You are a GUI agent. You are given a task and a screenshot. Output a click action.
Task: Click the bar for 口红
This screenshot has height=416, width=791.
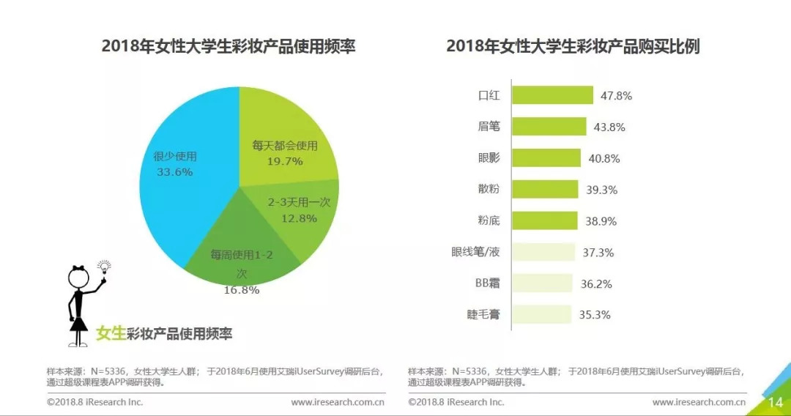(552, 95)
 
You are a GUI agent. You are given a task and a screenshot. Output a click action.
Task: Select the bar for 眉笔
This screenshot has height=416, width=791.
(549, 127)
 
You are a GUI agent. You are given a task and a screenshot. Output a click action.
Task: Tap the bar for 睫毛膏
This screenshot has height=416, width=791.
(541, 315)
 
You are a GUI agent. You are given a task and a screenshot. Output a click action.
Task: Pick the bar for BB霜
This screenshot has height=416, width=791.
(542, 283)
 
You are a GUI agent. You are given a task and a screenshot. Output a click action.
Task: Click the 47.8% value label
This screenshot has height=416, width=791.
(617, 96)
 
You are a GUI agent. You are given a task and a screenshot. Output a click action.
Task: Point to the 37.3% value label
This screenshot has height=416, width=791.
(598, 253)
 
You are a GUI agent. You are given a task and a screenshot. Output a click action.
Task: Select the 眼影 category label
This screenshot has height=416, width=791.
(489, 157)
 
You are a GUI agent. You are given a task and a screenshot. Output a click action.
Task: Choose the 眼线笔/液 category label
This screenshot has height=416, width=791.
(476, 252)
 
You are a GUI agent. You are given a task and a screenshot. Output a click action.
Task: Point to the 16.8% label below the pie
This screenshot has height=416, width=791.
(242, 290)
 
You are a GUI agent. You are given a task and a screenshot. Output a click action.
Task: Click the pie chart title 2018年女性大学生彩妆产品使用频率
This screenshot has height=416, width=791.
(229, 47)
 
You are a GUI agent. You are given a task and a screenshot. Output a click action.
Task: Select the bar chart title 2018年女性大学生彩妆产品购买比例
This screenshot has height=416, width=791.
(573, 47)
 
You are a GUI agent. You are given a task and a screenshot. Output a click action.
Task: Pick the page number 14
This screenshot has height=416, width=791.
(775, 403)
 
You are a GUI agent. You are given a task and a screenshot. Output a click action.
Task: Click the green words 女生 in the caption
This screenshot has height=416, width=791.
(111, 334)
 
